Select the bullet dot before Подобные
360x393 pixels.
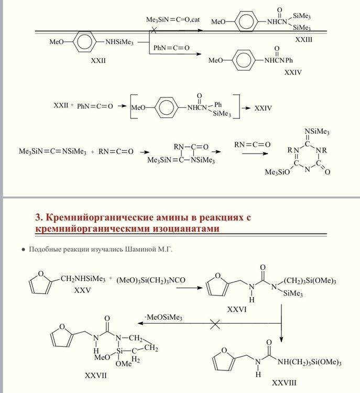[23, 250]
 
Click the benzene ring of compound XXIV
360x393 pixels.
[247, 60]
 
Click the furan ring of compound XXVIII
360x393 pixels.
[221, 361]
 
